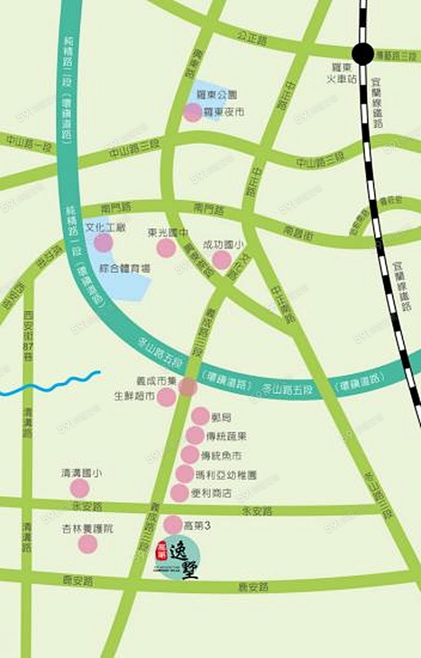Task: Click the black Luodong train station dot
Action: click(363, 54)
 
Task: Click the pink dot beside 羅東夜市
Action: click(192, 113)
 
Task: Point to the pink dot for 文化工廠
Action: click(103, 242)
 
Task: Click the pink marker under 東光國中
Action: click(166, 248)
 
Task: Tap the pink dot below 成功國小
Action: click(222, 260)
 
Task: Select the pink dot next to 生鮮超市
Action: click(166, 397)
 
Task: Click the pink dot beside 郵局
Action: click(200, 416)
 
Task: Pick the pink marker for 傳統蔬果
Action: click(195, 436)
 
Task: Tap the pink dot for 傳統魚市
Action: click(190, 454)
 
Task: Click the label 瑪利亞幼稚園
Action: click(226, 475)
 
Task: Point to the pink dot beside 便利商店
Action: click(180, 493)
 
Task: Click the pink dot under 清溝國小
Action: click(80, 489)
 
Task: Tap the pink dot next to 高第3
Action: click(174, 525)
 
